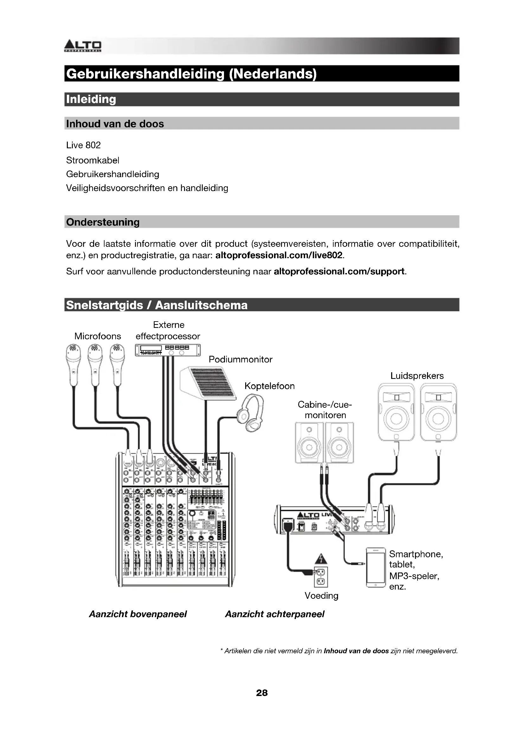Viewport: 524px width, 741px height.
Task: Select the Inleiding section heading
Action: coord(91,99)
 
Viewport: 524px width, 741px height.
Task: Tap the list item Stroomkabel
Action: coord(93,160)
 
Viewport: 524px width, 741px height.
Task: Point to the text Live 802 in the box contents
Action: coord(83,145)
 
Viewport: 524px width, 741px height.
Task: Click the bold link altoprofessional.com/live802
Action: coord(278,255)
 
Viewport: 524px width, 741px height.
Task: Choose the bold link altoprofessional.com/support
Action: coord(339,271)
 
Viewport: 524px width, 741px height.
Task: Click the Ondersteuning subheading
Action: coord(103,222)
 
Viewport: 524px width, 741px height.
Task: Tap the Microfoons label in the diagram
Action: coord(98,336)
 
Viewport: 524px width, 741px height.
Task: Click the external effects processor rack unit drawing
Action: coord(168,350)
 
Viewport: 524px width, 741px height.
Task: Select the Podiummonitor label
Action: coord(240,360)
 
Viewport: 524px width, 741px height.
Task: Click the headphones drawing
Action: coord(251,413)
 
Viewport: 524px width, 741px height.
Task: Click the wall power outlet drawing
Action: coord(321,577)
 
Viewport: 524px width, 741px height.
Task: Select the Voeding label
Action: coord(321,596)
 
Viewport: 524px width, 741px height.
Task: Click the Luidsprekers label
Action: coord(417,376)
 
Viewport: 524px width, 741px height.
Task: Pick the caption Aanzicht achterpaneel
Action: coord(275,614)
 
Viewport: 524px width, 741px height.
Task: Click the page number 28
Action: coord(262,693)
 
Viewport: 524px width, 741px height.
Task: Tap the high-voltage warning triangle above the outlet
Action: coord(321,558)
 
